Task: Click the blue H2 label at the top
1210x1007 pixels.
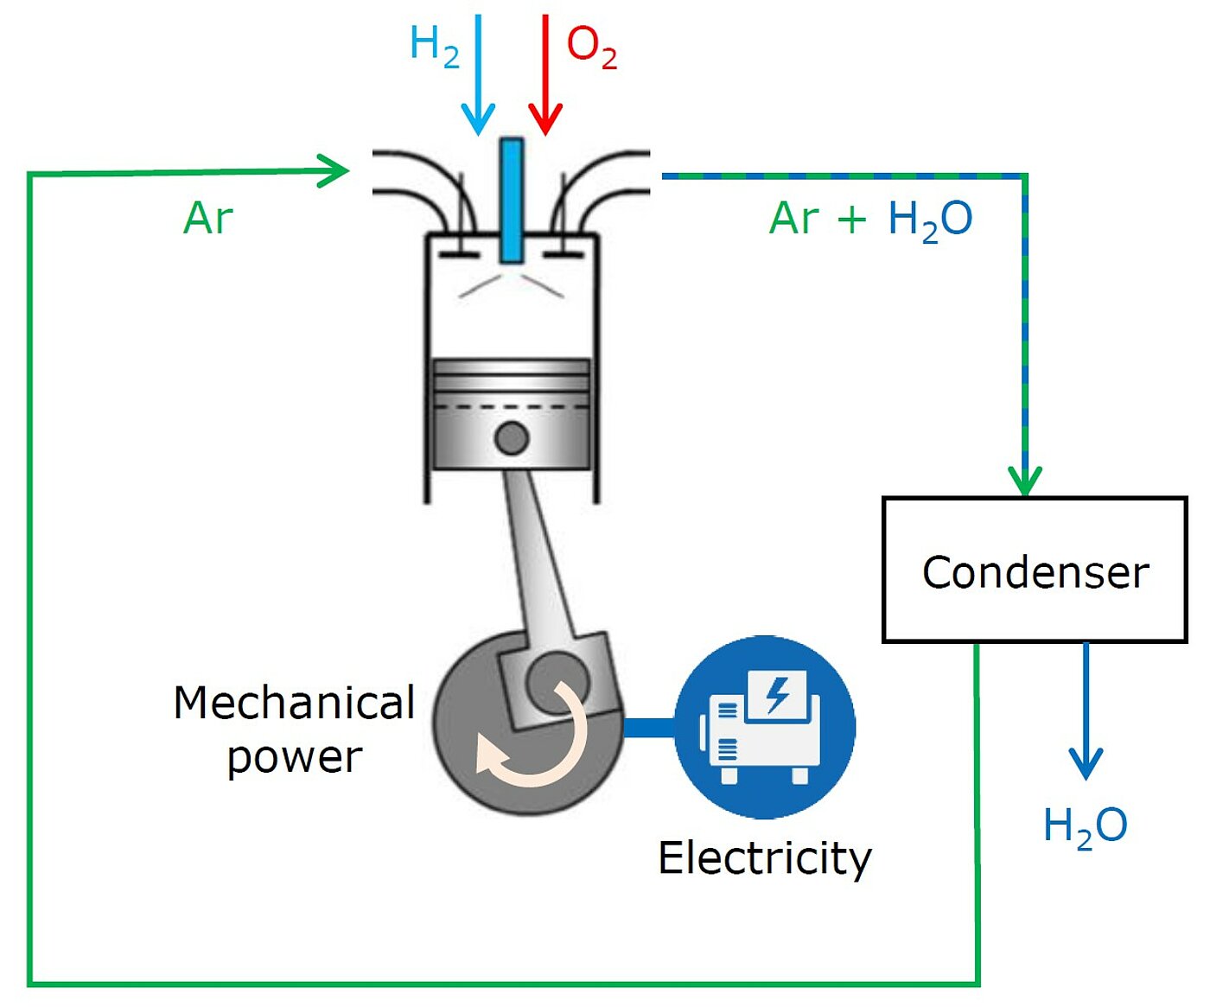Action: tap(434, 45)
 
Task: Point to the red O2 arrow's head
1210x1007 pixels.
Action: tap(545, 121)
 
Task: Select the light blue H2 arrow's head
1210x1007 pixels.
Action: tap(478, 121)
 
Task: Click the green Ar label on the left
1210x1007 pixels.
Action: tap(208, 219)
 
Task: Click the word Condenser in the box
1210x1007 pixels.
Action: tap(1035, 572)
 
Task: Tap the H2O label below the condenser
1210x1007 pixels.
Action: tap(1085, 825)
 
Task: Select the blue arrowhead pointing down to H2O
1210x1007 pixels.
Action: tap(1086, 764)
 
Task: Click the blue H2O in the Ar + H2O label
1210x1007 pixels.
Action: tap(930, 220)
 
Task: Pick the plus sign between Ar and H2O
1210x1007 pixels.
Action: tap(851, 220)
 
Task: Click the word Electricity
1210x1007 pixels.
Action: tap(765, 858)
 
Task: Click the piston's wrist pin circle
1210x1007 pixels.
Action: tap(512, 438)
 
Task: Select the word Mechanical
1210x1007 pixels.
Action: tap(294, 703)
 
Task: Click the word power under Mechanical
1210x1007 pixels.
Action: tap(294, 758)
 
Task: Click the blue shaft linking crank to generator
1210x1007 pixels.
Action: tap(648, 727)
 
